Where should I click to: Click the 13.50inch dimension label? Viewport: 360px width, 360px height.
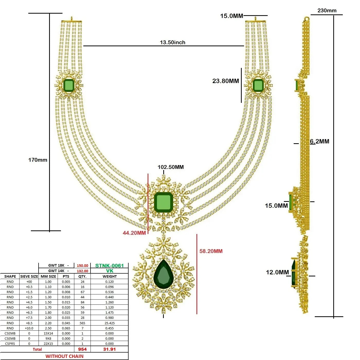point(173,42)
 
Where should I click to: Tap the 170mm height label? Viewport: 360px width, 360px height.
point(38,160)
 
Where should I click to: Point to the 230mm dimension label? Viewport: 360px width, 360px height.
point(327,11)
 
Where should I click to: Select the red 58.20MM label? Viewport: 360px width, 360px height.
point(211,251)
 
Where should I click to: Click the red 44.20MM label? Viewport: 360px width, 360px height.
point(134,233)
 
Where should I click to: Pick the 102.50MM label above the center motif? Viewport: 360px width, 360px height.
point(171,167)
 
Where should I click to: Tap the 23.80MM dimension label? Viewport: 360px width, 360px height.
point(226,81)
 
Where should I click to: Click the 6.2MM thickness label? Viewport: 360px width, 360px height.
point(320,141)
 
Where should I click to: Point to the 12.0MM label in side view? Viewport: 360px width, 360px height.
point(277,272)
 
